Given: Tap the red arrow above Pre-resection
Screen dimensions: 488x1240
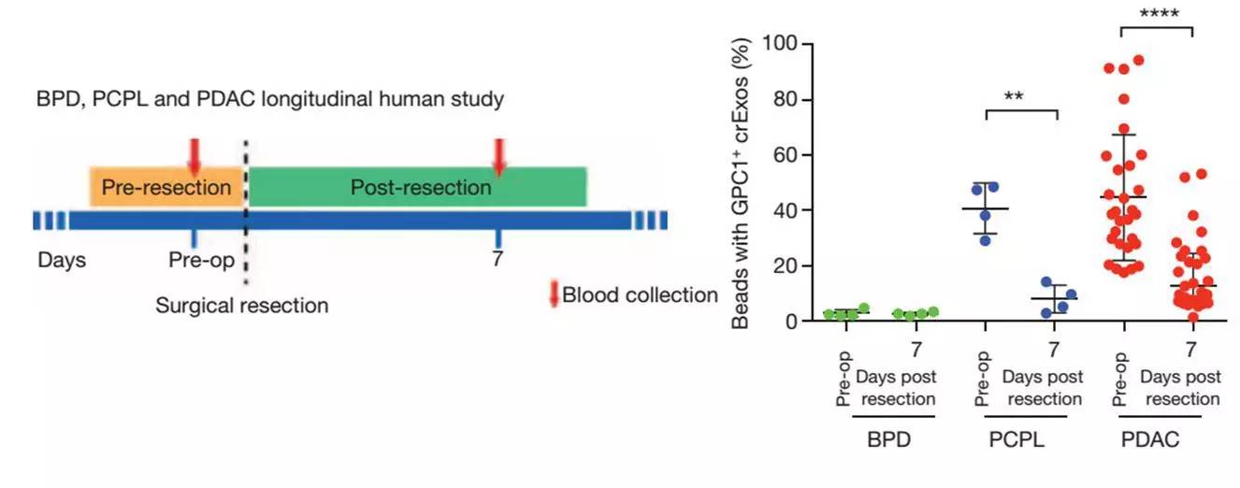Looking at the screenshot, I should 194,155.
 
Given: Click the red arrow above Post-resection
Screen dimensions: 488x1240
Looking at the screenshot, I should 498,155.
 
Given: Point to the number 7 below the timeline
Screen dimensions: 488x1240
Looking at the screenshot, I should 497,259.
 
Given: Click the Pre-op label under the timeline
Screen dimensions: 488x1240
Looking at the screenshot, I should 201,259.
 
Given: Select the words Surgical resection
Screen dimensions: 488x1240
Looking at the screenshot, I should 242,305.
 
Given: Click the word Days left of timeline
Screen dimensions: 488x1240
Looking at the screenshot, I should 62,259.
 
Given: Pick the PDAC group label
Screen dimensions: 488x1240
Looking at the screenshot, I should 1151,438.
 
